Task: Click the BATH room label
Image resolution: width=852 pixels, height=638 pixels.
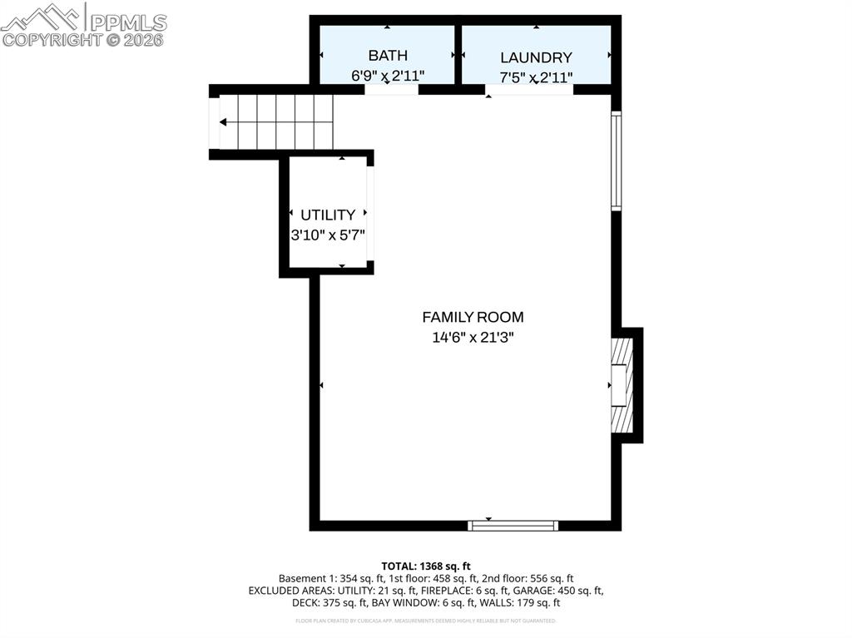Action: click(x=388, y=56)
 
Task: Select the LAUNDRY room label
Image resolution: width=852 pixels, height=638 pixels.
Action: click(x=536, y=57)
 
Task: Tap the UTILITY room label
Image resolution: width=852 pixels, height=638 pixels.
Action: click(x=328, y=215)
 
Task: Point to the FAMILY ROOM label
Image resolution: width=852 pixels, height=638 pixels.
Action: click(x=473, y=317)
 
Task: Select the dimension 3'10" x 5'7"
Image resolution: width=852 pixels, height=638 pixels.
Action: click(x=328, y=235)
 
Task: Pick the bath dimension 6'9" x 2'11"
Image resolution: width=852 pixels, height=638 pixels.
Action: click(x=388, y=76)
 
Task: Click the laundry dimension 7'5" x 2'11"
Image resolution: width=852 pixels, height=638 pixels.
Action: click(x=536, y=77)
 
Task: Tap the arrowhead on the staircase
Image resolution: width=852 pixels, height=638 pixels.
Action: click(x=224, y=122)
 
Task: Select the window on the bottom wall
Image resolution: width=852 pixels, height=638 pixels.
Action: click(x=513, y=525)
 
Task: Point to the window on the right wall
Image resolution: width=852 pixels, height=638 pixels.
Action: click(x=616, y=161)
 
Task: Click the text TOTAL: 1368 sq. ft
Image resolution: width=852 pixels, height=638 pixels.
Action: click(x=426, y=566)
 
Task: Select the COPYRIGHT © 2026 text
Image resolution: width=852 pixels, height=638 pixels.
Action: click(x=83, y=39)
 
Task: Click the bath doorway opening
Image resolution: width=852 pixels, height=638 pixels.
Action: click(x=391, y=90)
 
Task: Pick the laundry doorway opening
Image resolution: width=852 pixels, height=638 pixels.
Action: click(x=529, y=90)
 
